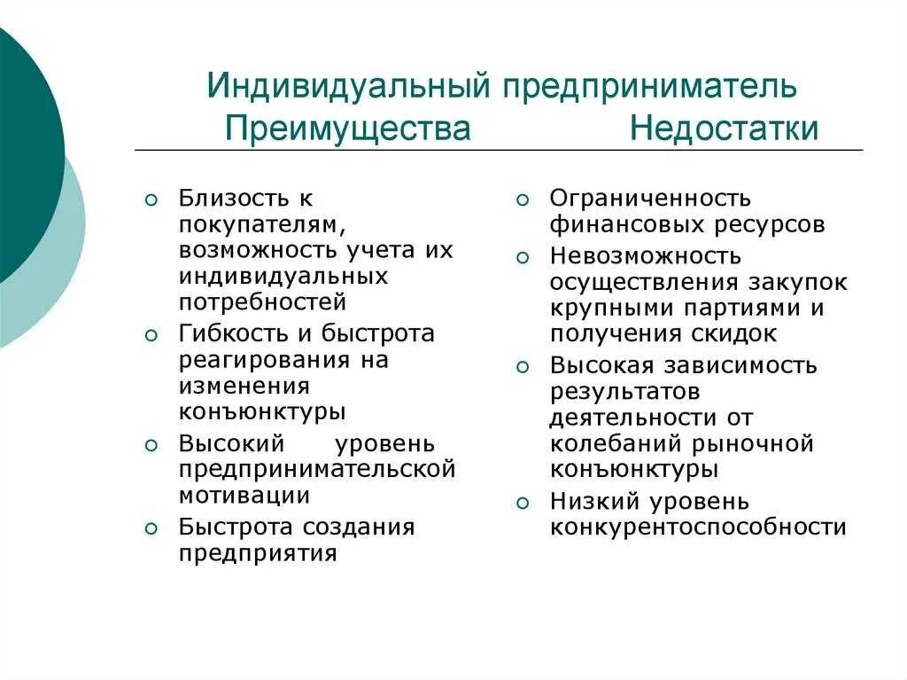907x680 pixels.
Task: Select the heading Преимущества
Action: point(347,129)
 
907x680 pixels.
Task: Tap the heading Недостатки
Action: point(725,129)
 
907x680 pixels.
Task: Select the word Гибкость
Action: point(234,333)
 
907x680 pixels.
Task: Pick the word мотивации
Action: point(244,495)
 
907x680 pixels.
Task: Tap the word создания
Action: point(359,527)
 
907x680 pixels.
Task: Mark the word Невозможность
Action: point(645,256)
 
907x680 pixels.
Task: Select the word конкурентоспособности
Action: point(698,527)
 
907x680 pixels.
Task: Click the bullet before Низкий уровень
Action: point(523,503)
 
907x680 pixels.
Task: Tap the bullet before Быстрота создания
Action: point(151,528)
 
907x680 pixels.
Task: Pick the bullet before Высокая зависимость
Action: point(523,367)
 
